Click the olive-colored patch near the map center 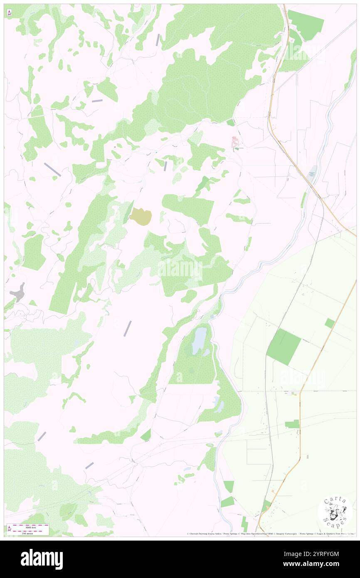(x=141, y=216)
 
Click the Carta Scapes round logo (x=335, y=512)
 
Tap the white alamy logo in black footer (x=42, y=559)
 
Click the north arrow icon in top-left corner (x=9, y=13)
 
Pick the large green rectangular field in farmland (x=284, y=347)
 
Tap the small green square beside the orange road (x=329, y=323)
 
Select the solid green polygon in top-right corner (x=306, y=24)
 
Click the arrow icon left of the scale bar (x=9, y=529)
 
